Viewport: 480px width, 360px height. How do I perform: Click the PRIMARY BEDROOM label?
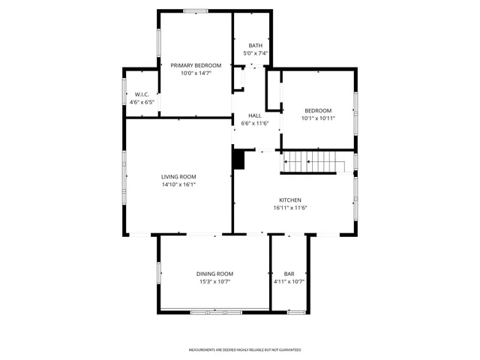tap(196, 65)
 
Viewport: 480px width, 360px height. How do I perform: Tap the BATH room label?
tap(256, 45)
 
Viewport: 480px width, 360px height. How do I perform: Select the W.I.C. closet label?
tap(142, 94)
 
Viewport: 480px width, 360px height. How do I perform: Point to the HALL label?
tap(255, 115)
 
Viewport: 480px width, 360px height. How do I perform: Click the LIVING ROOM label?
tap(178, 176)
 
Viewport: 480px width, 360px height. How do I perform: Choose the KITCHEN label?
tap(290, 200)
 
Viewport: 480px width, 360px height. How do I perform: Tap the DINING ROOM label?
tap(215, 274)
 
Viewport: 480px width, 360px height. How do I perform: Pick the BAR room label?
tap(289, 274)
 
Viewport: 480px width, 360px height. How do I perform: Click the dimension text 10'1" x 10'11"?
tap(318, 118)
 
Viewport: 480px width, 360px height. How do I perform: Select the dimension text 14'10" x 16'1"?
tap(178, 184)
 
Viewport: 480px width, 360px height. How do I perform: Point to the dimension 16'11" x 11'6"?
tap(290, 208)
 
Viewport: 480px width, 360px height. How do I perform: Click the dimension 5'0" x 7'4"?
tap(256, 53)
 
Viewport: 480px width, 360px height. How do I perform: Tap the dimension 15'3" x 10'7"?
tap(215, 282)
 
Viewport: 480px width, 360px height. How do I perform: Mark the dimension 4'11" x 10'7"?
tap(289, 282)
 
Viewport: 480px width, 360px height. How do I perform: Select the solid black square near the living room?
tap(239, 159)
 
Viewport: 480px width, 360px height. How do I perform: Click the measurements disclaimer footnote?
tap(244, 349)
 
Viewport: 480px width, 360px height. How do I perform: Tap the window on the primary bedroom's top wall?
tap(196, 10)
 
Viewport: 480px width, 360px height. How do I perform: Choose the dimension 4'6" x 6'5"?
tap(142, 102)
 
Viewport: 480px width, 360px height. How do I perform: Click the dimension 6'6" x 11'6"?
tap(255, 124)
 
